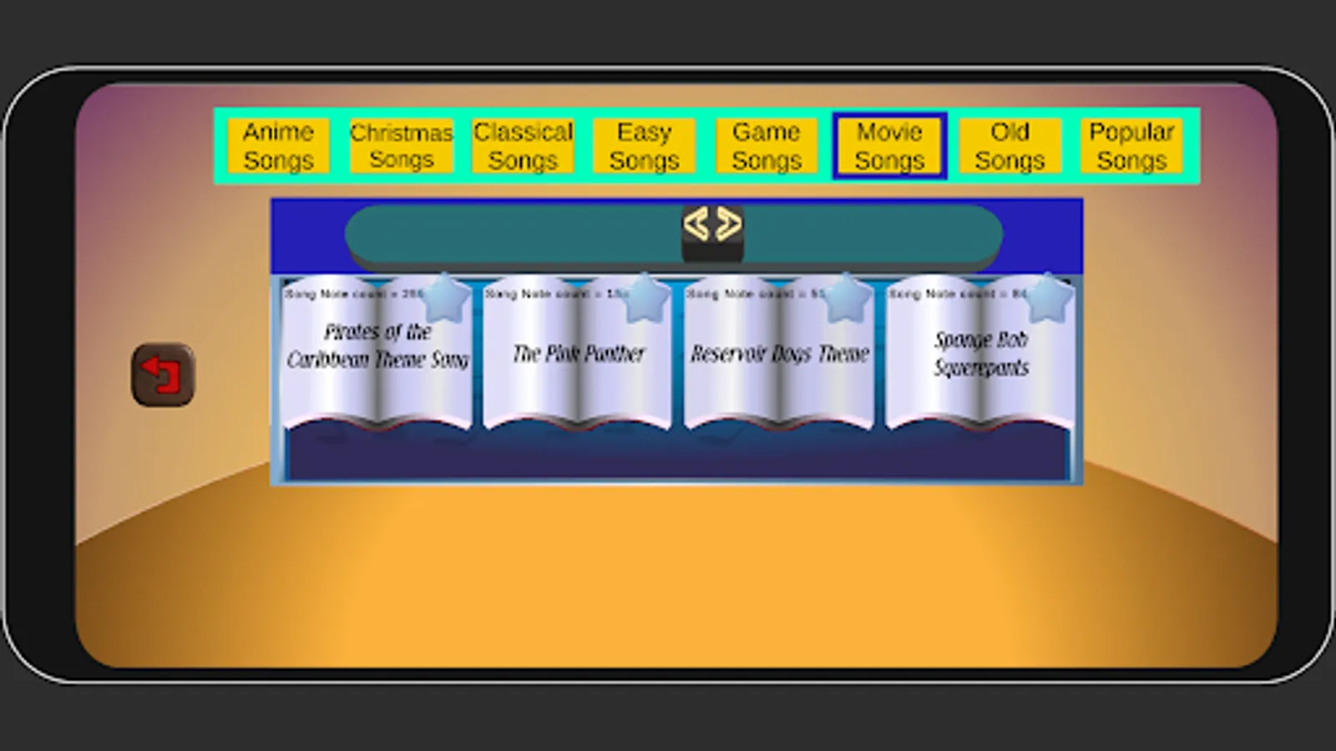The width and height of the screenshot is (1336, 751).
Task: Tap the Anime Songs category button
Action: point(278,146)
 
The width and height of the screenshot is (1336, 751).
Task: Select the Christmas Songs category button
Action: point(401,146)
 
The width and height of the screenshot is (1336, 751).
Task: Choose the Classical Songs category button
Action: point(523,146)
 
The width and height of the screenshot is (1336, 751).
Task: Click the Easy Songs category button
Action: point(644,146)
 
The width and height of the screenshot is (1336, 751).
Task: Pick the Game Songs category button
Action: point(767,146)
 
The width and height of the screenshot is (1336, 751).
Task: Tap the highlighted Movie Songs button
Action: point(889,146)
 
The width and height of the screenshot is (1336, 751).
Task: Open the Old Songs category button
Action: point(1010,146)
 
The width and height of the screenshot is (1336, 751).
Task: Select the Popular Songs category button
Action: point(1131,146)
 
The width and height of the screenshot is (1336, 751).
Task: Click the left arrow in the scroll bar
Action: point(696,224)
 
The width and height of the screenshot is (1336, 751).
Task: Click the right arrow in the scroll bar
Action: point(728,224)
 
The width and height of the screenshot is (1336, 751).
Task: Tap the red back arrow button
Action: point(163,375)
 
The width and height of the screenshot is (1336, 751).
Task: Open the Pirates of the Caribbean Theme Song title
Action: point(377,345)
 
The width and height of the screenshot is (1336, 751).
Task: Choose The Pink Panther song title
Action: point(579,354)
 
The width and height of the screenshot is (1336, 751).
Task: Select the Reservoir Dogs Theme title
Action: point(780,354)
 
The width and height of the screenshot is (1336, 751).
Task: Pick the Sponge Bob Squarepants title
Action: point(981,353)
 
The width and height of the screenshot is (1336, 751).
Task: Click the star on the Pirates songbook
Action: point(445,298)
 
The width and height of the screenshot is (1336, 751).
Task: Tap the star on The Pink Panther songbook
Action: point(645,298)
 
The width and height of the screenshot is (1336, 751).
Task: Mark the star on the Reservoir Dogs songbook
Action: point(846,298)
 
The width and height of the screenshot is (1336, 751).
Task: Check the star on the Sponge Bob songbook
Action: point(1047,298)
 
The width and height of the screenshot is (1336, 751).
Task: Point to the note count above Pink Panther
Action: point(555,294)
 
